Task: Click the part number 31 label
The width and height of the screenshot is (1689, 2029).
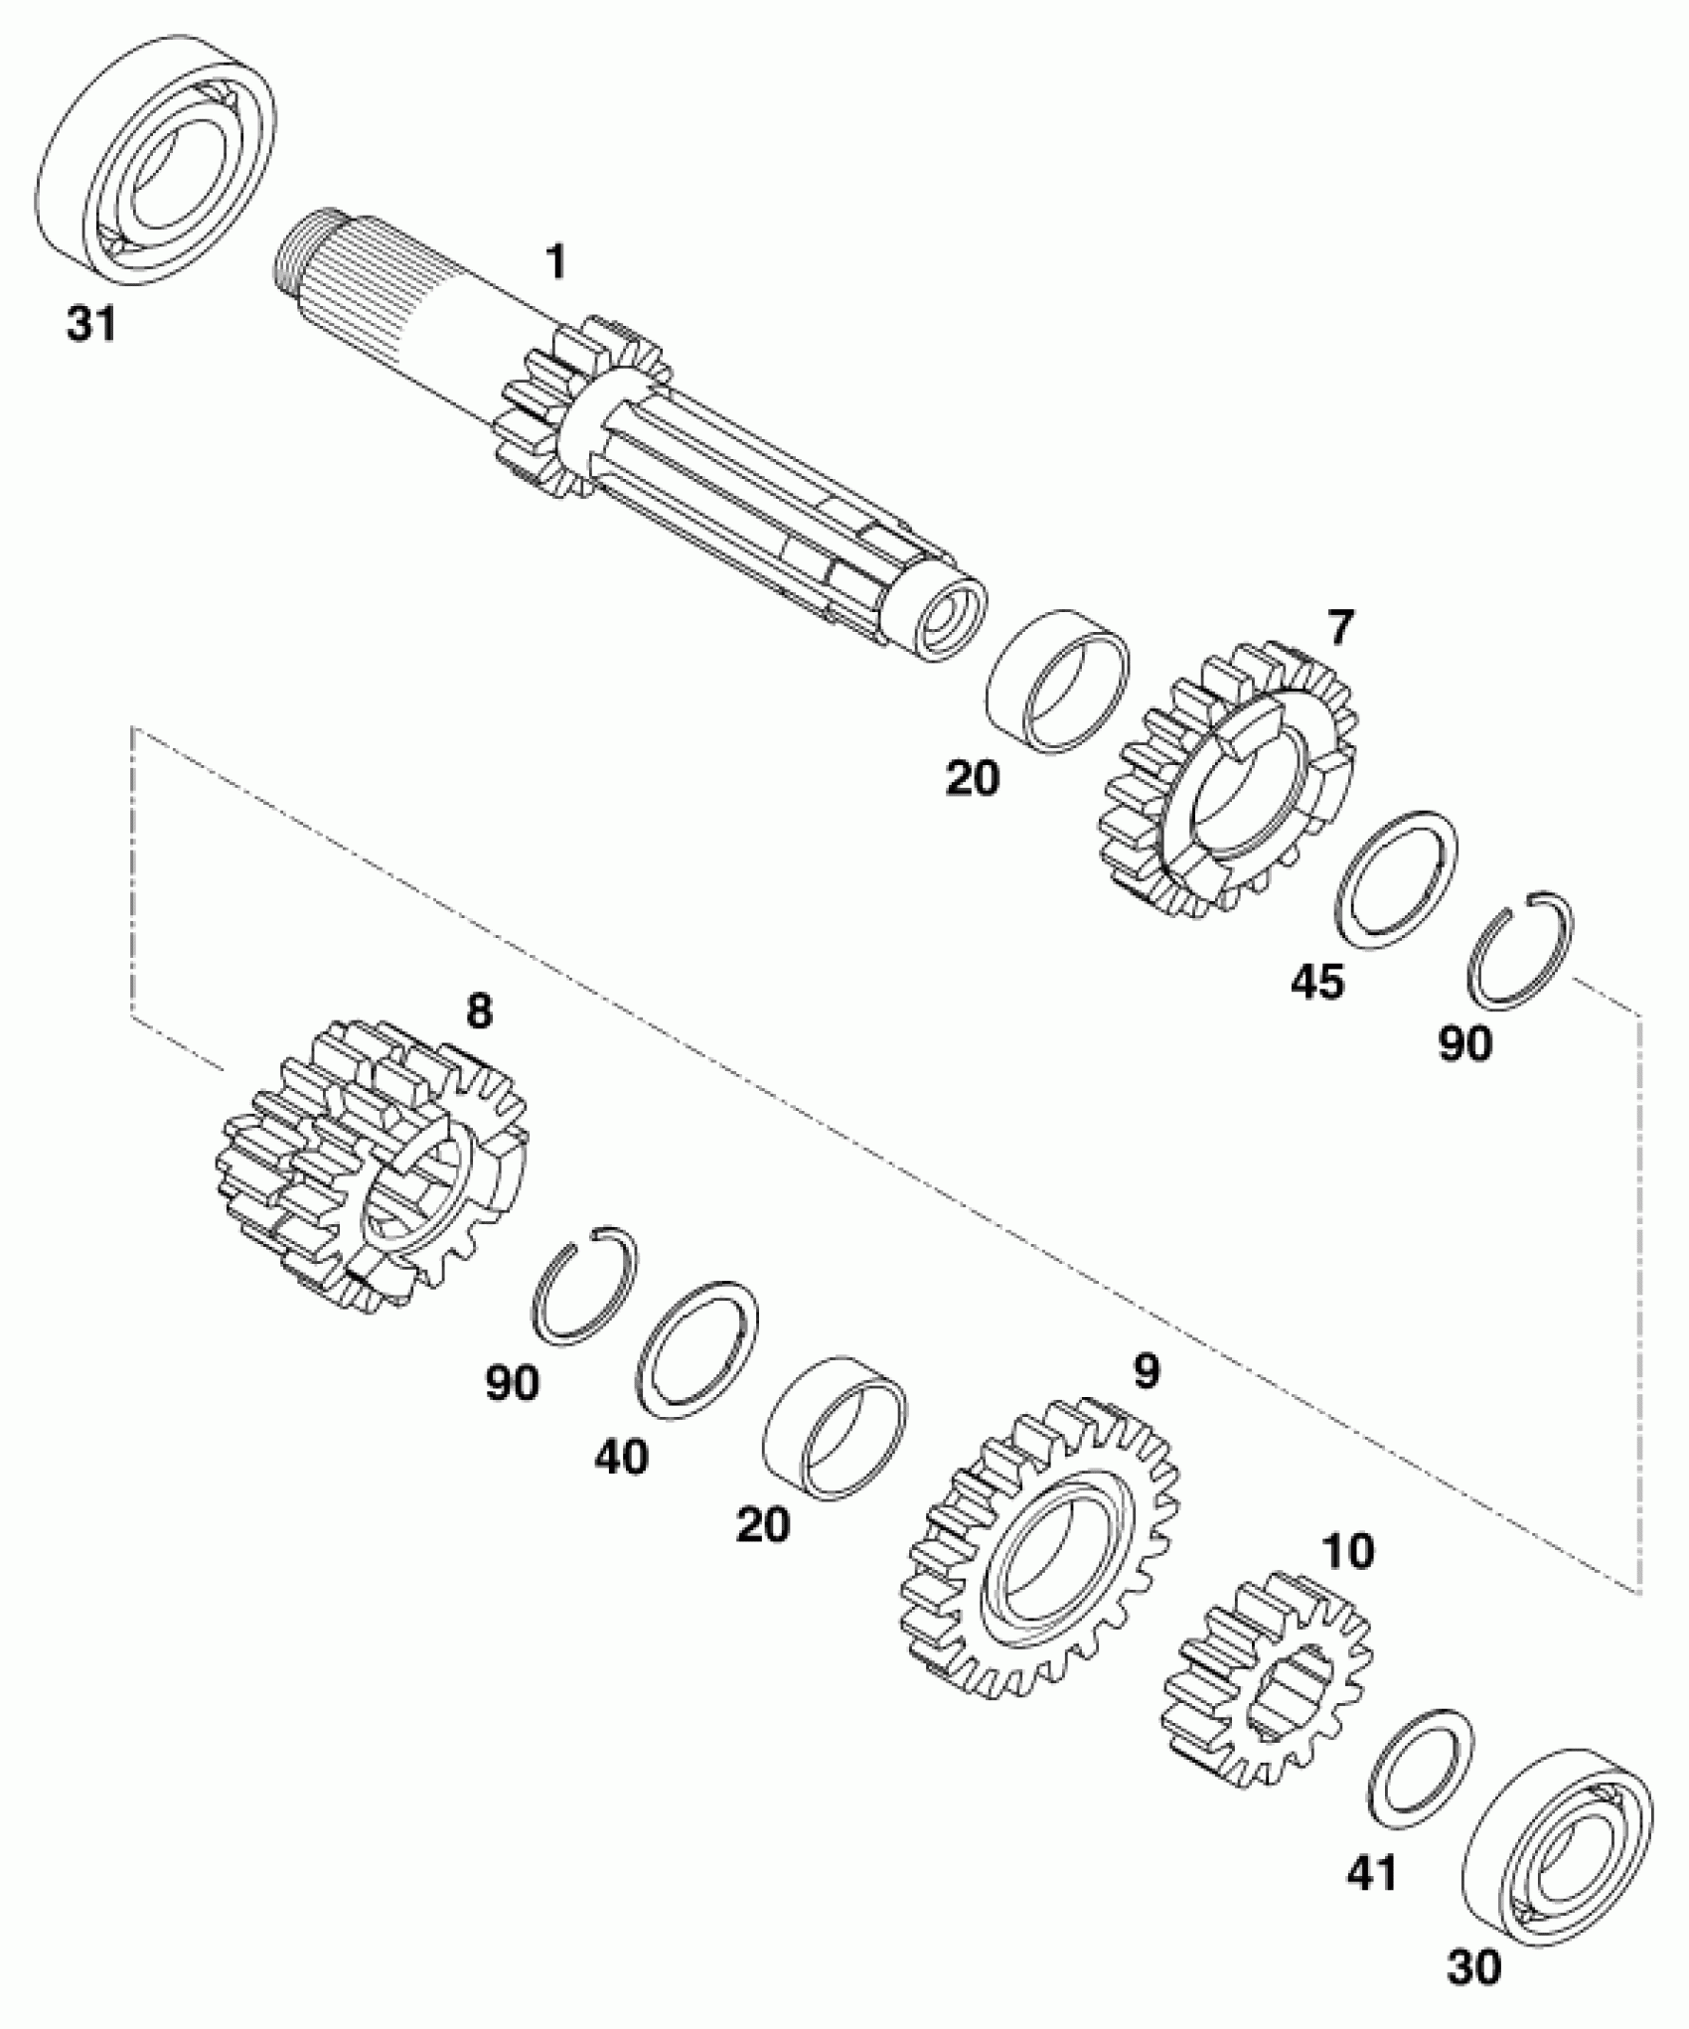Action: click(x=91, y=326)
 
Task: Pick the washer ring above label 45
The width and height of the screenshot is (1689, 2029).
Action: click(x=1396, y=878)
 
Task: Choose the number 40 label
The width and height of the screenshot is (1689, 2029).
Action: click(x=622, y=1458)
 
